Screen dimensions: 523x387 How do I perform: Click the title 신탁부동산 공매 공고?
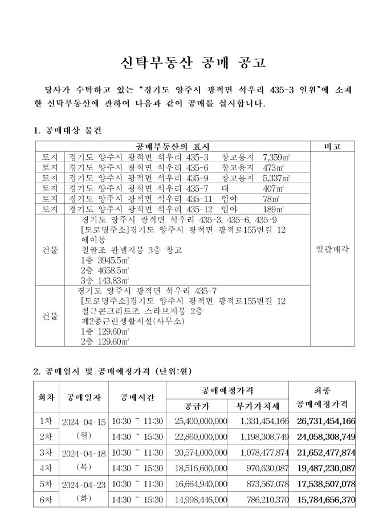tap(193, 63)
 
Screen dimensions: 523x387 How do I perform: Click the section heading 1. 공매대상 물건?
tap(68, 130)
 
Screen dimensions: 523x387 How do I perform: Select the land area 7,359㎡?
tap(274, 157)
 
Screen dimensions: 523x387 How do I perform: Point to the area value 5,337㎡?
tap(274, 178)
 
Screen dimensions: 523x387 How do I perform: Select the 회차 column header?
tap(46, 397)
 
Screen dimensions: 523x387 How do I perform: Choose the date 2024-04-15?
tap(84, 422)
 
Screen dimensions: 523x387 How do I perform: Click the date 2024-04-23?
tap(84, 484)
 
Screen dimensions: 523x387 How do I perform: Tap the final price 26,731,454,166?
tap(326, 421)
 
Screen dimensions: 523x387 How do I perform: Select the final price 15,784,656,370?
tap(326, 499)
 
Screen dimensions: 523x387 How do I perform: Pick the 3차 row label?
tap(46, 452)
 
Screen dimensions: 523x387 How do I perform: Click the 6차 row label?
tap(46, 499)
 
